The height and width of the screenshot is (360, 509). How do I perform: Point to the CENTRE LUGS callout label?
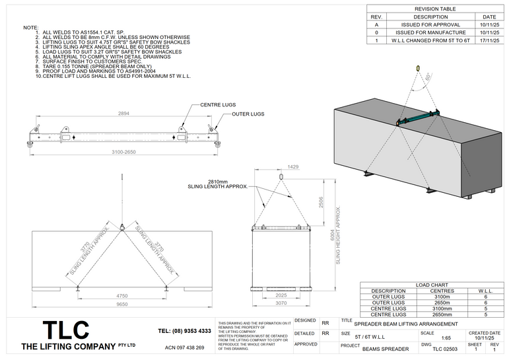click(x=219, y=105)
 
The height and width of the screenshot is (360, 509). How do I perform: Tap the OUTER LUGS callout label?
click(x=248, y=114)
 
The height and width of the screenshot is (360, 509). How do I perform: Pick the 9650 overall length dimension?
click(x=122, y=305)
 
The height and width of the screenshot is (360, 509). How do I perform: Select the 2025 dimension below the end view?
click(x=280, y=295)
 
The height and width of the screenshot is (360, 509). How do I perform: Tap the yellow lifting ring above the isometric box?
click(x=417, y=67)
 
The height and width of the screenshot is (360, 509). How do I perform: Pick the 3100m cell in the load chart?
click(x=442, y=297)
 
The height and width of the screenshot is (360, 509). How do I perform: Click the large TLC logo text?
click(x=65, y=330)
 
